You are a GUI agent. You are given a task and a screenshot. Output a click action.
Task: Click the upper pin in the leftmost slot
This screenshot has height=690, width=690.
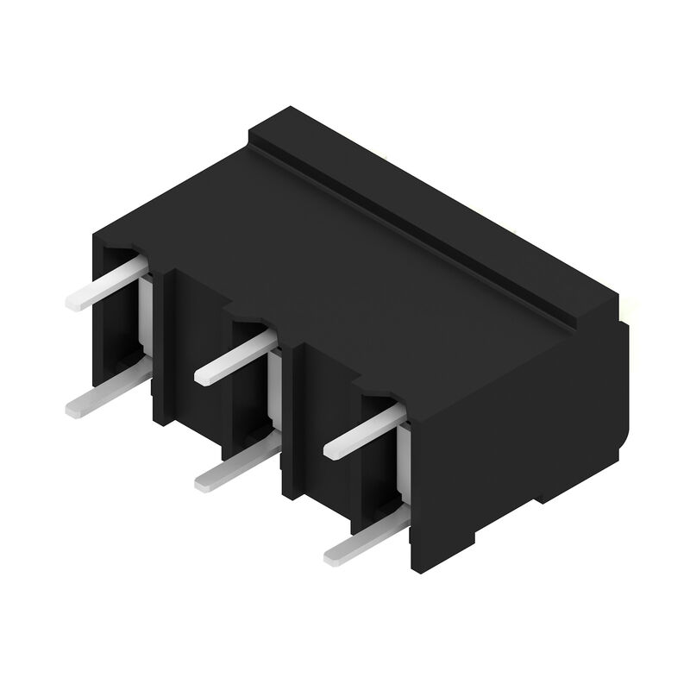(x=103, y=283)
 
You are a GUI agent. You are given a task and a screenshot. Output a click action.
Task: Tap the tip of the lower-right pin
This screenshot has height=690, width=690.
(x=332, y=555)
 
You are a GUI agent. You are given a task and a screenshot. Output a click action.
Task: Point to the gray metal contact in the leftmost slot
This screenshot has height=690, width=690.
(x=145, y=310)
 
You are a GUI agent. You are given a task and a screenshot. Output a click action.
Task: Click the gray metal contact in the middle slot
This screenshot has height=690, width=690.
(x=274, y=384)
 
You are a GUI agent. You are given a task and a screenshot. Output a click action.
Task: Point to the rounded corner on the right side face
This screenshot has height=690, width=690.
(x=623, y=440)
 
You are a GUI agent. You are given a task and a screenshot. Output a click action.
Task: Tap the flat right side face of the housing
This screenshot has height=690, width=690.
(x=517, y=431)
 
